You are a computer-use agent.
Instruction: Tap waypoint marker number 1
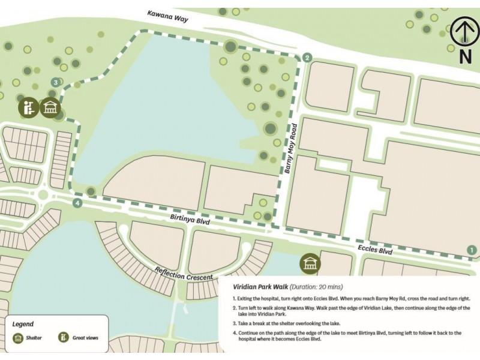[472, 250]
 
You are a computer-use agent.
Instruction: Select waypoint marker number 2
[307, 58]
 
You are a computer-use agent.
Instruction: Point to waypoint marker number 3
[56, 82]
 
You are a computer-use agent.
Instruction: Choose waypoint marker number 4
[77, 203]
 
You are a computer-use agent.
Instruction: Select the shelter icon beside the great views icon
[50, 107]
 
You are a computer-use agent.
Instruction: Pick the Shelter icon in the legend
[18, 338]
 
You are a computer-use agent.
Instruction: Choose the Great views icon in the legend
[62, 338]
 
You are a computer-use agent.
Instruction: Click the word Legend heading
[23, 323]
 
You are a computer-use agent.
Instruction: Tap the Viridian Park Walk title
[260, 287]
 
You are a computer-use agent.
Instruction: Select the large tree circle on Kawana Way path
[230, 46]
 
